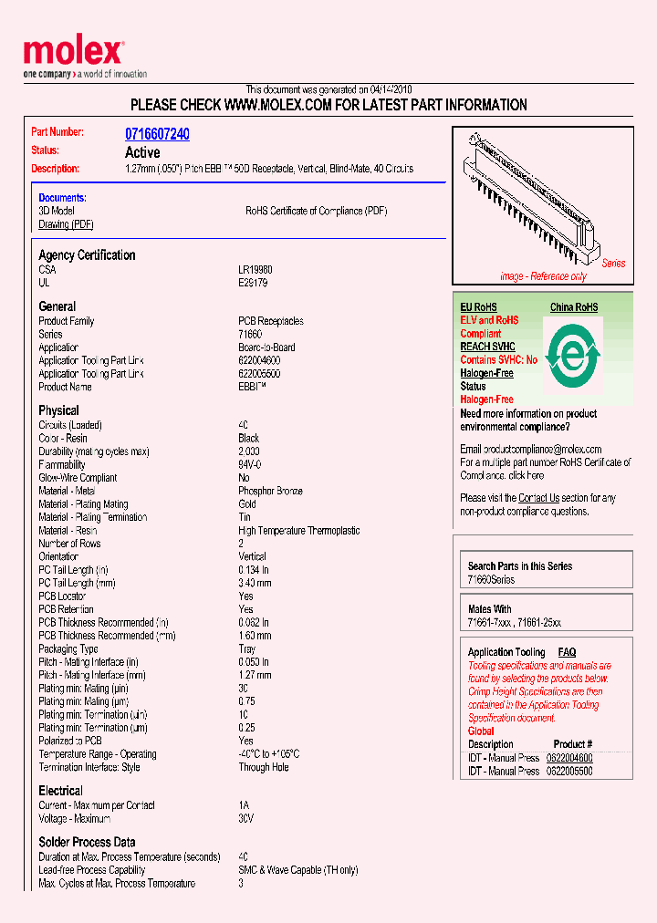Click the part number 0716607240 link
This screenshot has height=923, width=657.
(157, 134)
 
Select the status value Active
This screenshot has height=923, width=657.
(142, 152)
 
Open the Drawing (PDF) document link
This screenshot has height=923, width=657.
(66, 224)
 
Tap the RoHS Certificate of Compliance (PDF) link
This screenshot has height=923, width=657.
(316, 211)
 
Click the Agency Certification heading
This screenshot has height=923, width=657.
(87, 255)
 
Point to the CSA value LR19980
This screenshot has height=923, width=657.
(255, 270)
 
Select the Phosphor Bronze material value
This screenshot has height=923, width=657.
(270, 491)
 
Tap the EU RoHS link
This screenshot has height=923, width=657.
(478, 307)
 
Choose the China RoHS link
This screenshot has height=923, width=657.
(574, 307)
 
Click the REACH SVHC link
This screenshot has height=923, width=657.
(487, 347)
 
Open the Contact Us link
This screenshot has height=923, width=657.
(538, 498)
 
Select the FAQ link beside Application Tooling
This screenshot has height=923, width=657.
(567, 652)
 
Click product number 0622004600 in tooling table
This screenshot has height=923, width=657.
(569, 758)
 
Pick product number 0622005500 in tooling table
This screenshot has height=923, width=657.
(569, 771)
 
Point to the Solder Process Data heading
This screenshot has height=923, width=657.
(87, 842)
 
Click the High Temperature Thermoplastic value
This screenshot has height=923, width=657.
(298, 531)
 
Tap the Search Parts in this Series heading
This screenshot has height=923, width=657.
(520, 566)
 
